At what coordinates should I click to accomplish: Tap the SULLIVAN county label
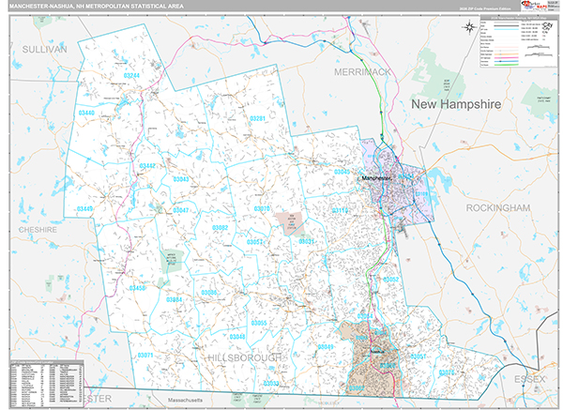[44, 48]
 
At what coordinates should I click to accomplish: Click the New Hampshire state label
[456, 103]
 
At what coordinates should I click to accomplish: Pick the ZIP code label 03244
[130, 75]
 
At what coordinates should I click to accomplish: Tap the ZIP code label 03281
[258, 119]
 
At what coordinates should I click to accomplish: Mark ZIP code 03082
[221, 228]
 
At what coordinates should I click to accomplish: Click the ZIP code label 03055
[259, 323]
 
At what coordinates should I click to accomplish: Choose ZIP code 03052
[391, 280]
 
